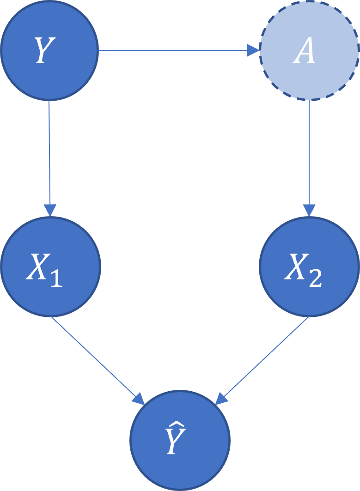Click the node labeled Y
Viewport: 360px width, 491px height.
49,50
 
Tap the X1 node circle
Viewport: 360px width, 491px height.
50,267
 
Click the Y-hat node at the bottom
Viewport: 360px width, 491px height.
180,439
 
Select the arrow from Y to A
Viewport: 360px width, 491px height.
176,50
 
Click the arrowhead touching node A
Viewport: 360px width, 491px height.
253,50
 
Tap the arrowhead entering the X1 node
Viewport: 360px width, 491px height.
50,210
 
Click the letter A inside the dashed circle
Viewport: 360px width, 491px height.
305,52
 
